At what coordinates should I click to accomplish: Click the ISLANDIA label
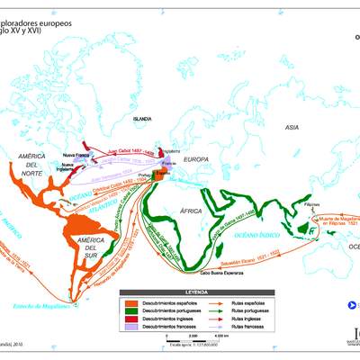click(x=142, y=119)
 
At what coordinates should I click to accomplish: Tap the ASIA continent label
click(x=292, y=128)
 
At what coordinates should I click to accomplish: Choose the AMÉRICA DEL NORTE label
click(x=32, y=165)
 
